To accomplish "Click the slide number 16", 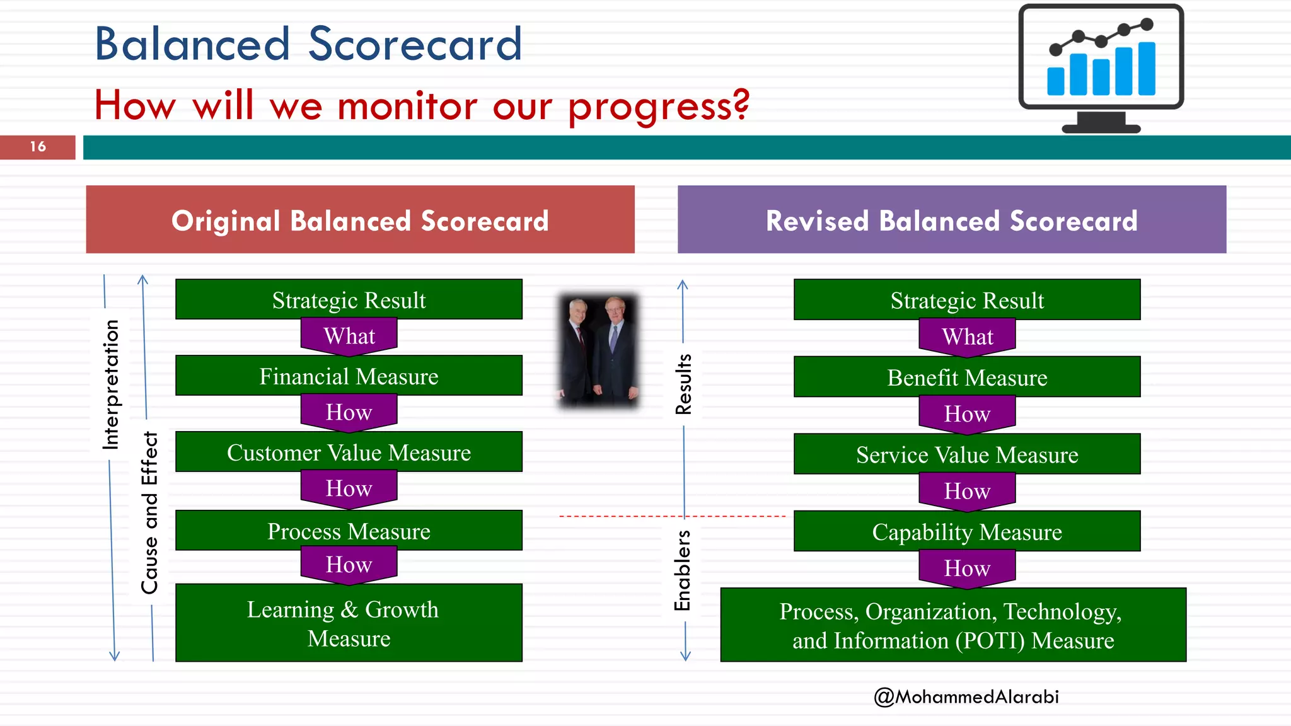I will click(x=38, y=147).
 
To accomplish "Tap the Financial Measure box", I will click(x=349, y=376).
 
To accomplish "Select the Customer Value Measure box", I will click(x=349, y=452).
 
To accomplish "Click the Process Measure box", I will click(x=349, y=531).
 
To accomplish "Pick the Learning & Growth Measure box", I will click(x=349, y=623).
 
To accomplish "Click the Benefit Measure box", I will click(x=967, y=377).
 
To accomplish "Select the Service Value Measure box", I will click(x=967, y=454).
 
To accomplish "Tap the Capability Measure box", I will click(x=967, y=532).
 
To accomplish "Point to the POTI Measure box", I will click(x=953, y=625).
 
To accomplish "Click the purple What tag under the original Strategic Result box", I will click(x=349, y=336).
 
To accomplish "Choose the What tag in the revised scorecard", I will click(x=967, y=337).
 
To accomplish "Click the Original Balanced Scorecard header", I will click(x=360, y=220).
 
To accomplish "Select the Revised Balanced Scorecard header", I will click(x=952, y=220).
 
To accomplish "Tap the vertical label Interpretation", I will click(x=111, y=384).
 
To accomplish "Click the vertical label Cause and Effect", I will click(x=149, y=512).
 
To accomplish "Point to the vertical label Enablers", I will click(x=683, y=570).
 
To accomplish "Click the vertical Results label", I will click(x=683, y=384).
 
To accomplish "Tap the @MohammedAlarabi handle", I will click(x=966, y=696).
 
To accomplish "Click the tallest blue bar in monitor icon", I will click(x=1147, y=68).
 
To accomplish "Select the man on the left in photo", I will click(x=577, y=353).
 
